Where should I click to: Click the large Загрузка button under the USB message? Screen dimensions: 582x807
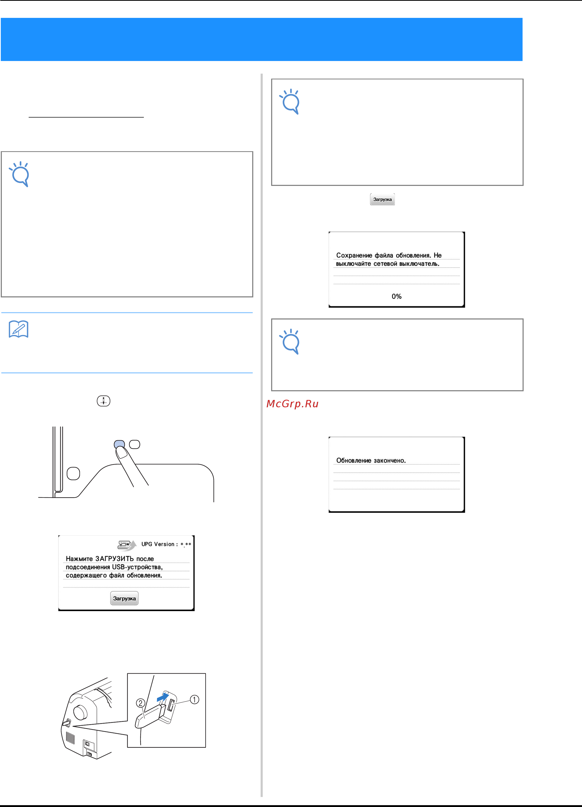(124, 598)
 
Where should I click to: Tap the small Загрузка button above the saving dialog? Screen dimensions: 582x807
(382, 199)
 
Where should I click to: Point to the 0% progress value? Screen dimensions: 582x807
(397, 296)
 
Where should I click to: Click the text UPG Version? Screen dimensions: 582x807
(158, 544)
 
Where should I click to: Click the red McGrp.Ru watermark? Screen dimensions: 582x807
(292, 404)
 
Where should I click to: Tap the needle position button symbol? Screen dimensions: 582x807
(104, 401)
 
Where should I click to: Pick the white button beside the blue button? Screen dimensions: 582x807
(135, 444)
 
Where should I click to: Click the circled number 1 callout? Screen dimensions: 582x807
(194, 699)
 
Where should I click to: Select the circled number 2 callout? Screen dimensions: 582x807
(141, 703)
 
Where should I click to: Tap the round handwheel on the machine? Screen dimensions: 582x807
(80, 712)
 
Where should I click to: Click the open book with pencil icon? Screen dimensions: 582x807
(18, 329)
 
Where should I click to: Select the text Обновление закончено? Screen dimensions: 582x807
(371, 460)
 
